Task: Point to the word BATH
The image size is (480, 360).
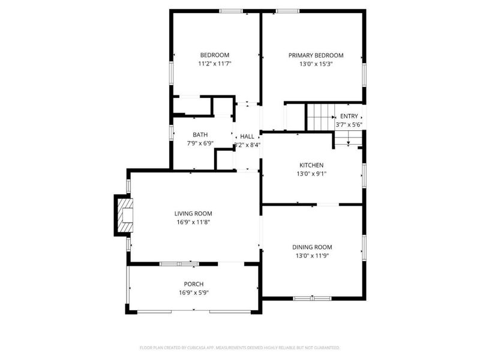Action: [200, 134]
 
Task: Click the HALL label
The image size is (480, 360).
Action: [247, 136]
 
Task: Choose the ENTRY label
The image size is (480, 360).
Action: [349, 116]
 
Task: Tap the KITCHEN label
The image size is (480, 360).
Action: [311, 165]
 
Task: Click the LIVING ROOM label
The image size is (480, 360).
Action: [193, 213]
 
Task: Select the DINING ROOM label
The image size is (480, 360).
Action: [312, 247]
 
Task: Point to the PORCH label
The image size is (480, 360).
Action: [193, 284]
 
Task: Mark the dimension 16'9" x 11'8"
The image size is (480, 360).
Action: [193, 222]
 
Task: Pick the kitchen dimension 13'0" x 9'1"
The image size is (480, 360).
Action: [311, 174]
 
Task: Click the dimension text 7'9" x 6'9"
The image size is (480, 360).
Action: [200, 143]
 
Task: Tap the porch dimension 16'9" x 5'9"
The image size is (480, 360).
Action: [193, 293]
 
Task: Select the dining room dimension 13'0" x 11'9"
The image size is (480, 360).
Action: [312, 256]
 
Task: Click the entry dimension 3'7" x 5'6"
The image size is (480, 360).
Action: [349, 125]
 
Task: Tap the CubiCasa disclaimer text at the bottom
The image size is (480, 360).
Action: [240, 347]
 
